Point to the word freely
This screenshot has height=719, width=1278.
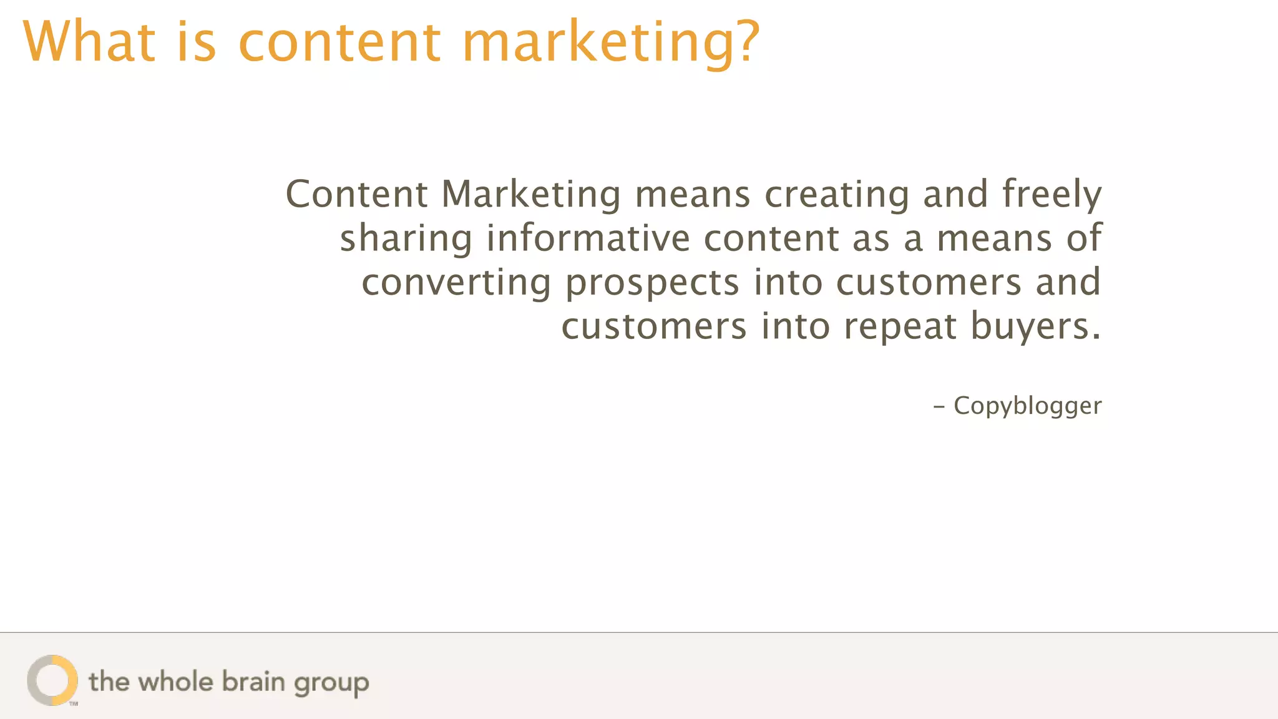[1051, 195]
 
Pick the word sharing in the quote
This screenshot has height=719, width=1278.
[406, 239]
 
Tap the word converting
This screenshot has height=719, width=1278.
[456, 283]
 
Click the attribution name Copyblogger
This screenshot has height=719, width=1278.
[1027, 406]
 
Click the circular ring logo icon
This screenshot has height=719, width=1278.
[52, 680]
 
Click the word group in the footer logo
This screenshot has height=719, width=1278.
[331, 683]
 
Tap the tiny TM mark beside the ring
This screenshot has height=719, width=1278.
[74, 704]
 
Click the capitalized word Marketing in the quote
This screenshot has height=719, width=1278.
[531, 195]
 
